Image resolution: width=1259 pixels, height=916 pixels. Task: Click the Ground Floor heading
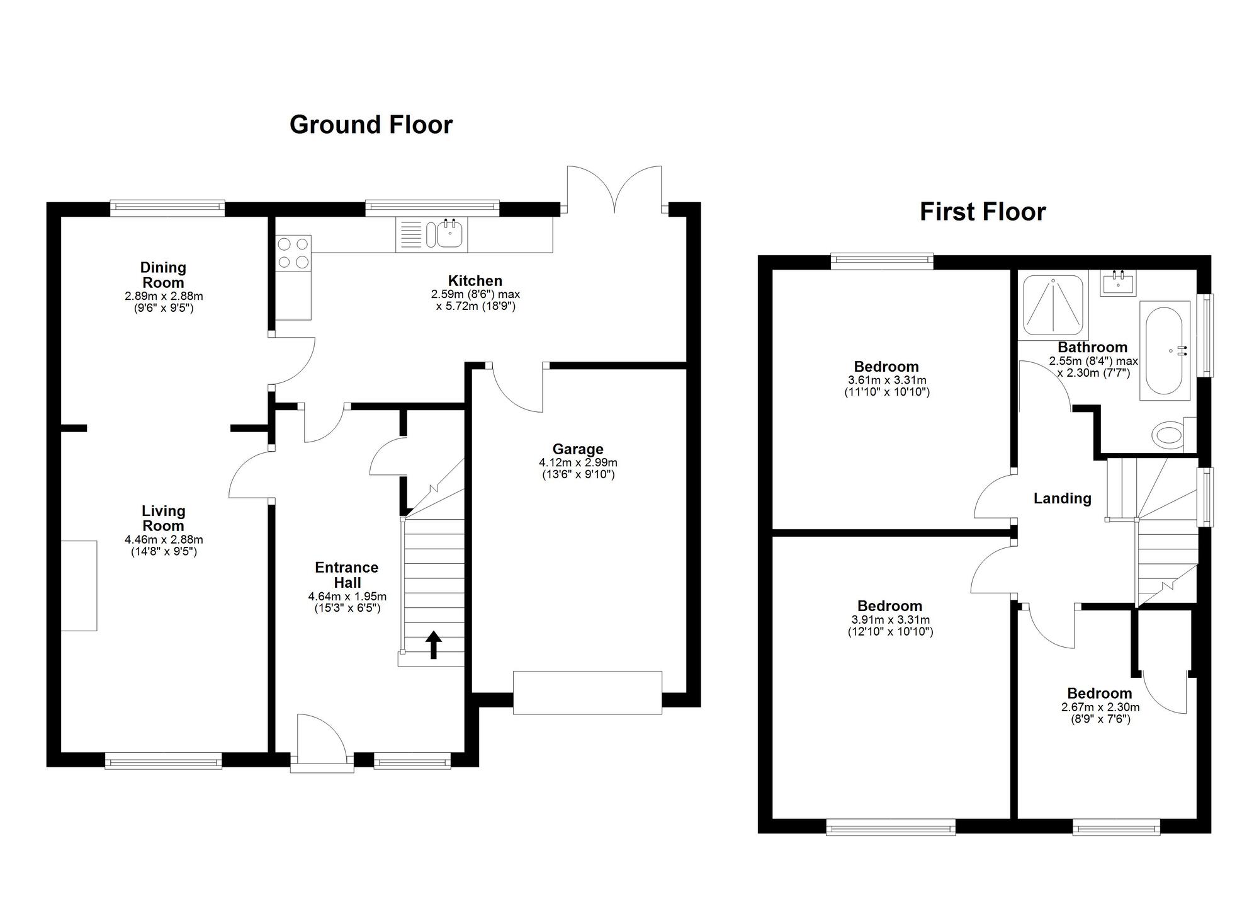tap(371, 125)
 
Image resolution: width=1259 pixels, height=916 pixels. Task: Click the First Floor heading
tap(982, 212)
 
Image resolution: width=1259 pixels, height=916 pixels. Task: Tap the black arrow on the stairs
tap(433, 644)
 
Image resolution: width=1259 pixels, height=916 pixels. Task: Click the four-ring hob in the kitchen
tap(293, 253)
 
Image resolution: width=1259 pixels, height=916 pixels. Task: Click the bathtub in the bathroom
tap(1164, 350)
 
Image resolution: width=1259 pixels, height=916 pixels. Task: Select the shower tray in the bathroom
tap(1053, 305)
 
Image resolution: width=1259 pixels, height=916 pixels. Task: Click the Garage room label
tap(578, 449)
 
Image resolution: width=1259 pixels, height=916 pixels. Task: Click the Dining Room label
tap(163, 275)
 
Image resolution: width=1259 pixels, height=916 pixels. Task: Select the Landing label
tap(1062, 498)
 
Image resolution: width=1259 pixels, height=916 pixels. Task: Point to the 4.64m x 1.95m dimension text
tap(347, 597)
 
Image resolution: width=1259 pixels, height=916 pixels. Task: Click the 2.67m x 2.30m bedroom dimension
tap(1100, 707)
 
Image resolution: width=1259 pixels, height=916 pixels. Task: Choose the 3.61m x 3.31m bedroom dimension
tap(886, 381)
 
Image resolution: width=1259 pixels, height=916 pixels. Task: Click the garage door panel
tap(587, 692)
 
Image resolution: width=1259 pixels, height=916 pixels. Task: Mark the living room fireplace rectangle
tap(79, 585)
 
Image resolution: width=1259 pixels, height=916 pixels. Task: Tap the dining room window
tap(167, 207)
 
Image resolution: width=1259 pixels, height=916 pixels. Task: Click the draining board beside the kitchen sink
tap(410, 235)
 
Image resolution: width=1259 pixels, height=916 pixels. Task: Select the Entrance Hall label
tap(347, 575)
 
